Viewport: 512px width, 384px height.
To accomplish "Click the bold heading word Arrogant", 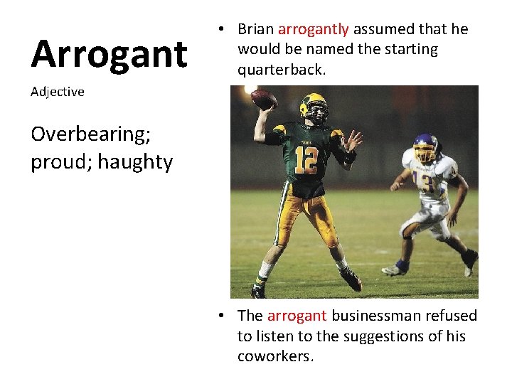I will pyautogui.click(x=109, y=54).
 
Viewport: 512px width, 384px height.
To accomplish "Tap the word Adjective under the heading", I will pyautogui.click(x=58, y=92).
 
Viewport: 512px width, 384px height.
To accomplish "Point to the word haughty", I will pyautogui.click(x=135, y=162).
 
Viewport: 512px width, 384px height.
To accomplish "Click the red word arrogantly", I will pyautogui.click(x=313, y=29).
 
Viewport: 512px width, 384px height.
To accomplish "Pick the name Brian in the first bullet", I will pyautogui.click(x=256, y=29).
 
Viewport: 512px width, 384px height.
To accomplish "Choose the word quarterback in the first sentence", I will pyautogui.click(x=281, y=70).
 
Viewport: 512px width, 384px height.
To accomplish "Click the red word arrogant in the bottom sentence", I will pyautogui.click(x=297, y=316).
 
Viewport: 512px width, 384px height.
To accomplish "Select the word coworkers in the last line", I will pyautogui.click(x=275, y=356).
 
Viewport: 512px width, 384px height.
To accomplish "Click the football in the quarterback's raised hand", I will pyautogui.click(x=263, y=99).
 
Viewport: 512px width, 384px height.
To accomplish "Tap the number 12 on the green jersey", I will pyautogui.click(x=306, y=160).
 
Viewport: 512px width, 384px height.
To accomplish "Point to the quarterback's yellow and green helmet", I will pyautogui.click(x=313, y=106).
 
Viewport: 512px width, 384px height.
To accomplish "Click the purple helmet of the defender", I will pyautogui.click(x=425, y=147).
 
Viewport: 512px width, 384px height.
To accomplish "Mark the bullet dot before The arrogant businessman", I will pyautogui.click(x=223, y=316).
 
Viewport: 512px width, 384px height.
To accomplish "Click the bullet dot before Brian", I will pyautogui.click(x=223, y=29).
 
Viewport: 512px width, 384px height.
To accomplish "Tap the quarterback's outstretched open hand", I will pyautogui.click(x=351, y=142).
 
